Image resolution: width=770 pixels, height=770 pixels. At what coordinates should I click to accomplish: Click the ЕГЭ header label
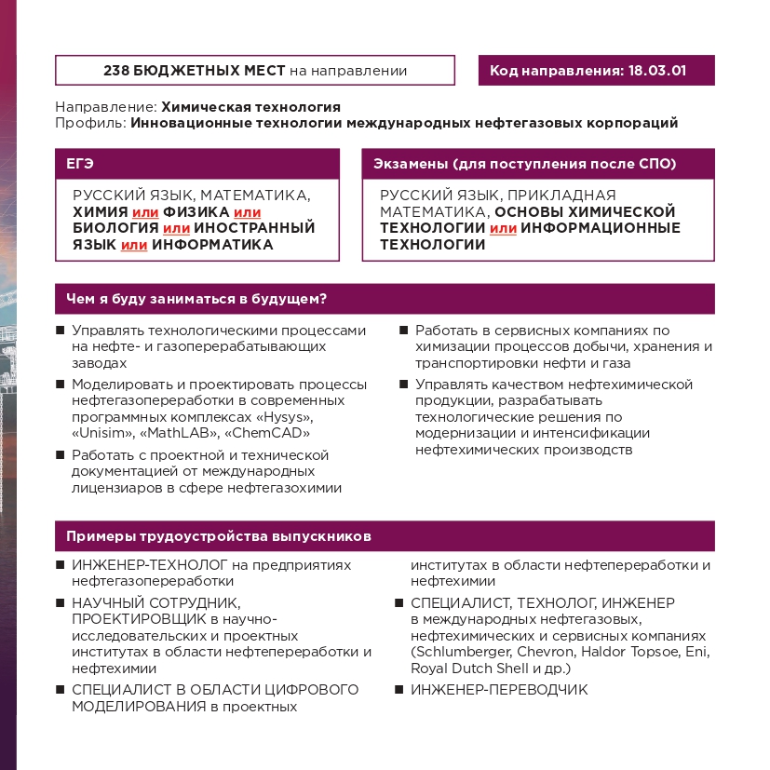(x=80, y=164)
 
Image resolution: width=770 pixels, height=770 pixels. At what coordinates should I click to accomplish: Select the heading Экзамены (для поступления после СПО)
(x=524, y=164)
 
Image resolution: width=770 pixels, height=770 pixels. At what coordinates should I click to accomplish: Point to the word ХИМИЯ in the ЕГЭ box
(x=101, y=211)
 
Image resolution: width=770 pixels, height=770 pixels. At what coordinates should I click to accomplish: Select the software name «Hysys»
(x=286, y=417)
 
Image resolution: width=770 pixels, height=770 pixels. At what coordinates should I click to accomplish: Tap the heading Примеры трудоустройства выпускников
(x=219, y=536)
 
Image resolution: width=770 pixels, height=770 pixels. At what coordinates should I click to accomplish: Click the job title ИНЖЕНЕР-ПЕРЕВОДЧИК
(x=499, y=690)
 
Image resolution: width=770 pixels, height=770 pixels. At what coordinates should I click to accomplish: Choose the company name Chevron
(x=541, y=652)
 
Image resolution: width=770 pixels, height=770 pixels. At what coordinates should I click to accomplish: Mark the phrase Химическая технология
(x=250, y=107)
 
